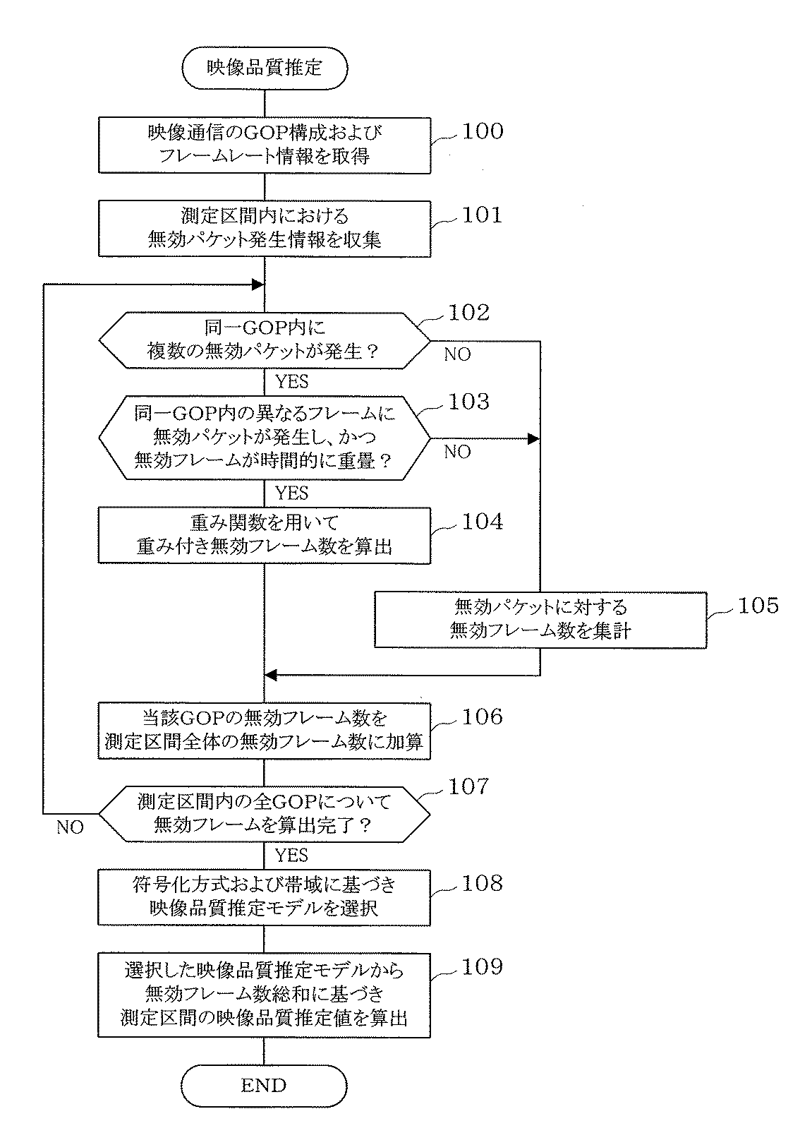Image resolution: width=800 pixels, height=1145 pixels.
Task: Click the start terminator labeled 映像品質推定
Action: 264,68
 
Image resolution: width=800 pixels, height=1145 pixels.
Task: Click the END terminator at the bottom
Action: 264,1085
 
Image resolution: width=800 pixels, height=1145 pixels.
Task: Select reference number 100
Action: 482,132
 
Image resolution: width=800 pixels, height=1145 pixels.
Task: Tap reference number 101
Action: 482,215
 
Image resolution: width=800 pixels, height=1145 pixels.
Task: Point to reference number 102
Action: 468,313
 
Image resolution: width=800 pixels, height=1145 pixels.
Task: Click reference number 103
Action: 468,402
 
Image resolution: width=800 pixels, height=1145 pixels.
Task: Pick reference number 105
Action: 758,606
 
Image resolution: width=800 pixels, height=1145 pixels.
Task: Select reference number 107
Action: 468,786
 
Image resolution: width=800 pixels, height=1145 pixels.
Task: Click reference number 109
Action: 482,967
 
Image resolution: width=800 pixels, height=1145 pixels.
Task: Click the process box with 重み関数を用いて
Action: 264,535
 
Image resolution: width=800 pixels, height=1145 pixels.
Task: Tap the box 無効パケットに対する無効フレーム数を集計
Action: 540,619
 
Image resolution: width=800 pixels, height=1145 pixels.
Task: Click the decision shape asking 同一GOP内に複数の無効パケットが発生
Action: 264,340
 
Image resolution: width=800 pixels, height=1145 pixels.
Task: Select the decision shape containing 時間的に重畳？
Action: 264,438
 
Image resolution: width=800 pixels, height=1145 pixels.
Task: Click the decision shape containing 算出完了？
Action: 264,814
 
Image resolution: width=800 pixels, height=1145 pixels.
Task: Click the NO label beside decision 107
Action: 70,827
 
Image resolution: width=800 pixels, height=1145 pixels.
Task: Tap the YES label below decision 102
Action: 291,382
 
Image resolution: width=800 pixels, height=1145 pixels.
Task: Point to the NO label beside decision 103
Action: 457,452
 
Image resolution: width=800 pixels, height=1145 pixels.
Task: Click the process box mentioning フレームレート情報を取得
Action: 264,145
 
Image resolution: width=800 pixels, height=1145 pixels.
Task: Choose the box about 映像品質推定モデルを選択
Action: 264,897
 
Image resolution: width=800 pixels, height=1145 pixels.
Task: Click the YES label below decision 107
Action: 291,856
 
